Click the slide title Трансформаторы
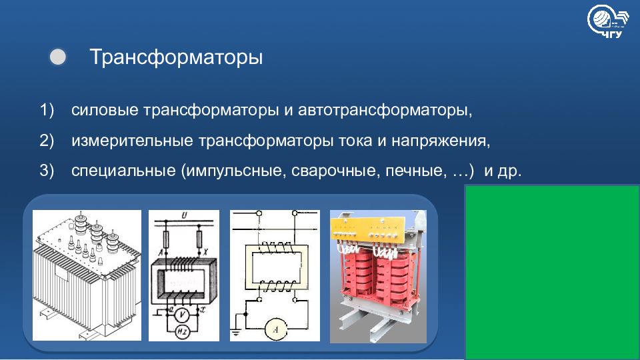coord(176,57)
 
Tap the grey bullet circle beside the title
coord(57,57)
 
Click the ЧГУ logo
coord(608,21)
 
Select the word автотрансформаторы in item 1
coord(385,110)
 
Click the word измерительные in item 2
coord(132,141)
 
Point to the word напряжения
coord(441,141)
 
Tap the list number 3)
coord(47,170)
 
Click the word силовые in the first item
coord(105,110)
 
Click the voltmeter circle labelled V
coord(183,315)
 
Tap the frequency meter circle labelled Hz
coord(182,332)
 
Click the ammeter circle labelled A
coord(275,329)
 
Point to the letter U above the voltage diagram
coord(184,215)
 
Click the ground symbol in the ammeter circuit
coord(235,333)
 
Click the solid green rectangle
coord(552,272)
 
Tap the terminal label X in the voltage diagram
coord(205,253)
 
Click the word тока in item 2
coord(355,141)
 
